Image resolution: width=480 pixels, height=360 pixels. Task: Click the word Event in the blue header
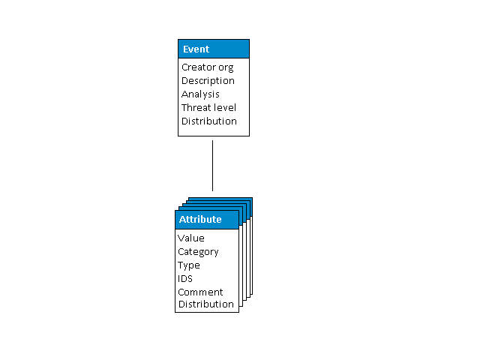pos(196,49)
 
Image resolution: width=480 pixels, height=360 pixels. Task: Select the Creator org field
pos(207,67)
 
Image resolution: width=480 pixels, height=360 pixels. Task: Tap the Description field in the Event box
pos(208,81)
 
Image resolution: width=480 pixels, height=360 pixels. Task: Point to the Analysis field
pos(200,94)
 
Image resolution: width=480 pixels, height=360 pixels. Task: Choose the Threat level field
pos(208,108)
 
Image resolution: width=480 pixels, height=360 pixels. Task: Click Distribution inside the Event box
pos(208,121)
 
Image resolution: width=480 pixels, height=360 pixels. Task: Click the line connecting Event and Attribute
pos(213,165)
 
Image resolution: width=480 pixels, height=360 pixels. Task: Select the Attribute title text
pos(200,220)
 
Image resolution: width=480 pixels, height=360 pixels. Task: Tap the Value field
pos(190,238)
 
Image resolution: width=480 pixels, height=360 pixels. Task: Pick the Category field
pos(198,252)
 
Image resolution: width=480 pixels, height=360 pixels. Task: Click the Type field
pos(189,265)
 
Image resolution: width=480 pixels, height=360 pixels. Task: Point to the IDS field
pos(185,279)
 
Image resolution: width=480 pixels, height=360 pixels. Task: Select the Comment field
pos(200,292)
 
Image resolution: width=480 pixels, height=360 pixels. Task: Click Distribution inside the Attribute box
pos(205,304)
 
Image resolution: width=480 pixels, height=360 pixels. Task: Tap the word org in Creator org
pos(224,67)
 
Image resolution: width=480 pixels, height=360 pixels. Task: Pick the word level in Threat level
pos(225,108)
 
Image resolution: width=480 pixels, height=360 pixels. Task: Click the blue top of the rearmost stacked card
pos(221,199)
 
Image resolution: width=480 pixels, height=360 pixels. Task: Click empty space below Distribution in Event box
pos(213,130)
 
